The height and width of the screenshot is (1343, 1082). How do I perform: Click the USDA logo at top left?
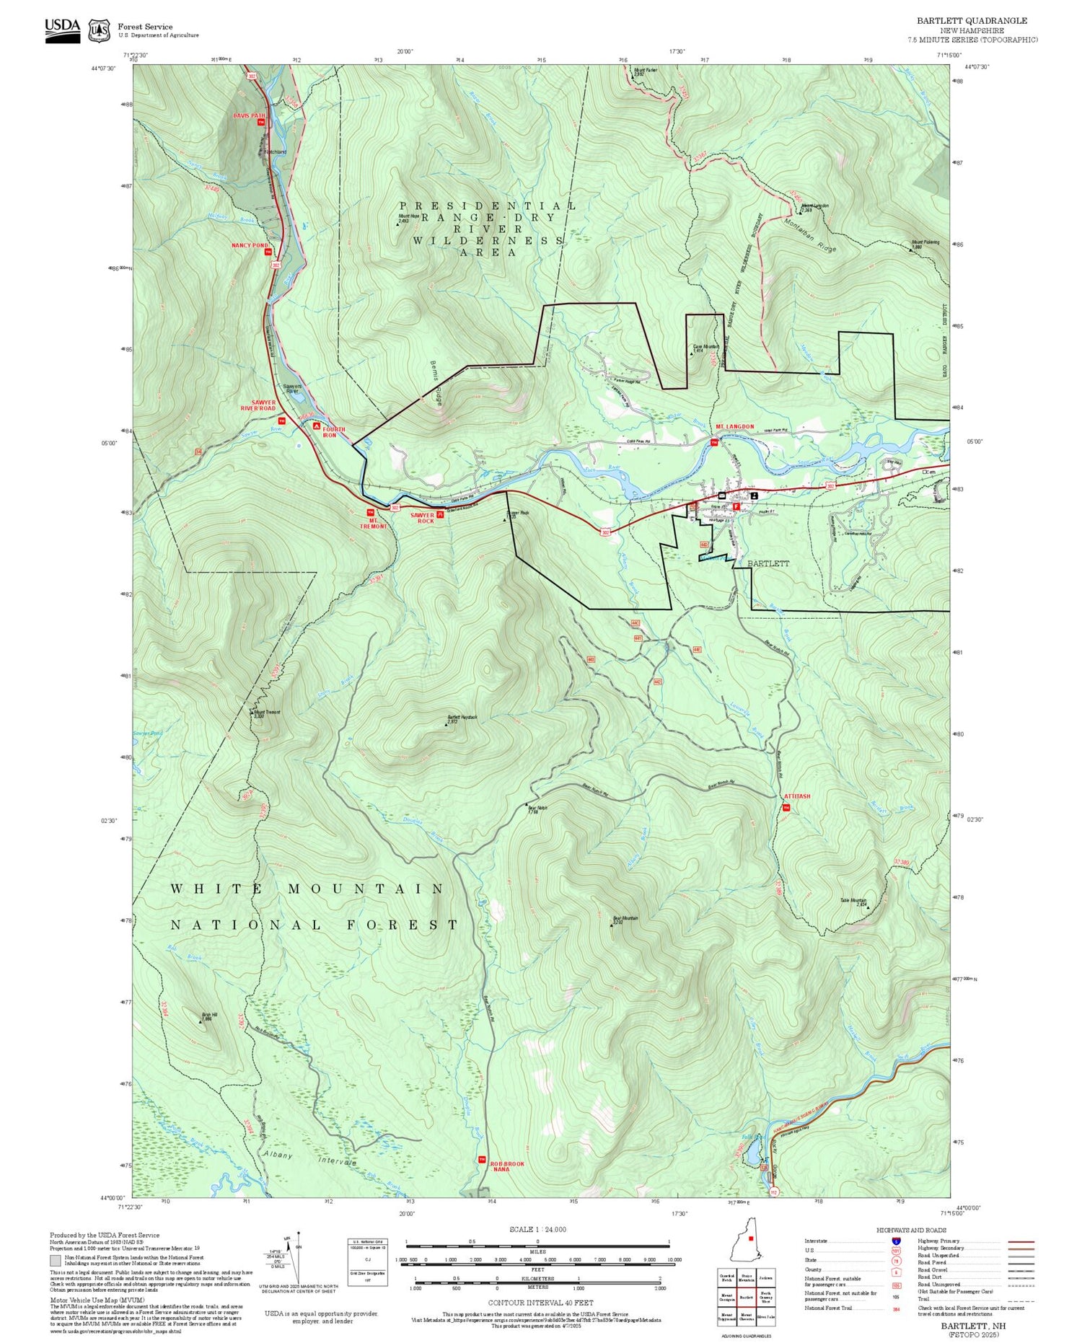point(62,30)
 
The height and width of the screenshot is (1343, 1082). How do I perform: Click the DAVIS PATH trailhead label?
point(249,115)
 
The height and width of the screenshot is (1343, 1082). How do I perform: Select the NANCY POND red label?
point(250,245)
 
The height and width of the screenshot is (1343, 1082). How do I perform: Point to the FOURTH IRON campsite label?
point(333,432)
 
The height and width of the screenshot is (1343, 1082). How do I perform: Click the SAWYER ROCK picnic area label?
point(422,518)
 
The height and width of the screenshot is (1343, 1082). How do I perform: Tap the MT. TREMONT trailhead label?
point(374,523)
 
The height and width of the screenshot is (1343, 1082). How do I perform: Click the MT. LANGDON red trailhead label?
point(734,426)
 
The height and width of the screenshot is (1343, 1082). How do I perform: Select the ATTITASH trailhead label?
point(797,796)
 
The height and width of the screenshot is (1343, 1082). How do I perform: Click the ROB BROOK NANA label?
point(507,1166)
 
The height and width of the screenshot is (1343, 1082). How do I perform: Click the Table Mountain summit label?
point(853,901)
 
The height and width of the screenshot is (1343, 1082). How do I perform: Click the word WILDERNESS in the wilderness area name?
point(488,240)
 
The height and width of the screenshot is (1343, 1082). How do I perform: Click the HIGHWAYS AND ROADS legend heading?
point(911,1230)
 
